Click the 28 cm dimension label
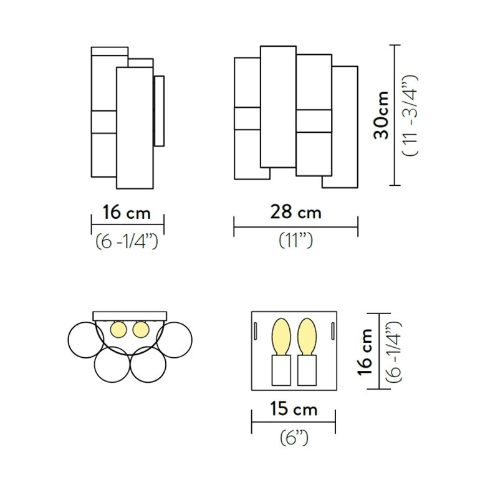tap(295, 212)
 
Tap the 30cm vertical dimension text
tap(381, 115)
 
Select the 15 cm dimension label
tap(293, 408)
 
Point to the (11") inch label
tap(295, 241)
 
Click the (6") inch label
tap(294, 438)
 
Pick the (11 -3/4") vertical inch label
tap(410, 115)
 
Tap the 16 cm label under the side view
tap(127, 212)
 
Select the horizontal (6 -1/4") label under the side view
tap(127, 241)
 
